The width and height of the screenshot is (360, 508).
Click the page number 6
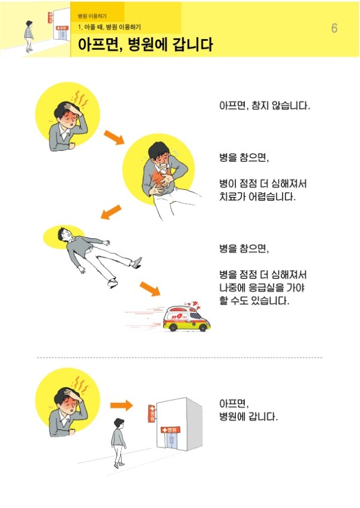tap(334, 28)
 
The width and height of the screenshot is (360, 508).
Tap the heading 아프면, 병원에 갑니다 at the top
tap(145, 44)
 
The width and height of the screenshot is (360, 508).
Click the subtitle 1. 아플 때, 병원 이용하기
tap(109, 27)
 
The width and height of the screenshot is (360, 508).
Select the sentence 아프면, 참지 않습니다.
tap(265, 106)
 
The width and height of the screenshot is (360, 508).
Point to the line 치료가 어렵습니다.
tap(257, 197)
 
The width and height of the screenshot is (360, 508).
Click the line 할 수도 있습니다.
tap(254, 301)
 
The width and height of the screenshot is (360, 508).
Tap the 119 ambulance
tap(187, 318)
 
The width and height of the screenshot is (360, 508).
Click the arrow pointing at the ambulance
tap(150, 288)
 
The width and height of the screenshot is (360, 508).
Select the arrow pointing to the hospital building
tap(121, 405)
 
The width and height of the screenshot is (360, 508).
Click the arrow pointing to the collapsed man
tap(111, 212)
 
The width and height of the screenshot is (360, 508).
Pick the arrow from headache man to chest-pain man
tap(114, 138)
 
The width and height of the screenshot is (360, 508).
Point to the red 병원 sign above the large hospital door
tap(170, 430)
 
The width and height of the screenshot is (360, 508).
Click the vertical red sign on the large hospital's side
tap(152, 413)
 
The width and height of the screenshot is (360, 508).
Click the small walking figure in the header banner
tap(29, 36)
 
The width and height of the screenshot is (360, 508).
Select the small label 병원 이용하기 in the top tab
tap(92, 16)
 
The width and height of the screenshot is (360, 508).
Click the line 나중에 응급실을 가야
tap(262, 288)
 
